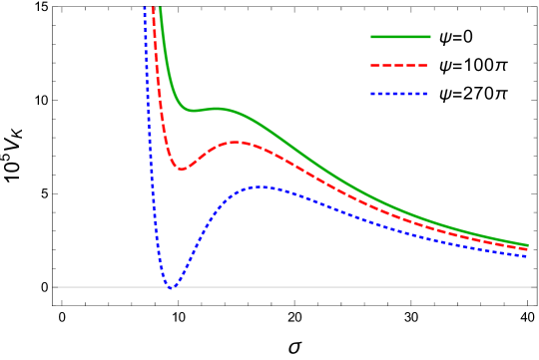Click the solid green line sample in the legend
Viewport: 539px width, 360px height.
pos(400,37)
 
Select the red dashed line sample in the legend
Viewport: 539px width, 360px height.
pos(399,65)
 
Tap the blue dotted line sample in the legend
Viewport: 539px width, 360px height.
pos(399,94)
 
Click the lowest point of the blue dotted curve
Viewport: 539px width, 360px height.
pos(171,287)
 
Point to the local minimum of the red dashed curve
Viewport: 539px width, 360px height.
pos(181,169)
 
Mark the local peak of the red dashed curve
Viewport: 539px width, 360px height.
pos(237,143)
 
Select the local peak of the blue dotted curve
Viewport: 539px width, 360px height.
pos(261,186)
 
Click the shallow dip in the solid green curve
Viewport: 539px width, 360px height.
pos(194,110)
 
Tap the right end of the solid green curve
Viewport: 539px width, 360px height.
pos(528,244)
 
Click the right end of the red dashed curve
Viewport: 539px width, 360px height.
pos(528,249)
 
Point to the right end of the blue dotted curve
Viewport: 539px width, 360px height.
pos(528,257)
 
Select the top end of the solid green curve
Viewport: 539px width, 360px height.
pos(160,8)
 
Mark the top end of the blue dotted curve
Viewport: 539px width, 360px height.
pos(145,8)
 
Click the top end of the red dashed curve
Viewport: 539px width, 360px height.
pos(153,8)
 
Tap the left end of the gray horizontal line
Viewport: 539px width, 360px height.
pos(57,287)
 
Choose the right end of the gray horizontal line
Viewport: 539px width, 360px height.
pos(534,287)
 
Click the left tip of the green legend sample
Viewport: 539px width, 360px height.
pos(372,37)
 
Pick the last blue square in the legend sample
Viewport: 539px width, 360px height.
pos(424,94)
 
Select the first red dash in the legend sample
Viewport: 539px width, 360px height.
pos(376,65)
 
